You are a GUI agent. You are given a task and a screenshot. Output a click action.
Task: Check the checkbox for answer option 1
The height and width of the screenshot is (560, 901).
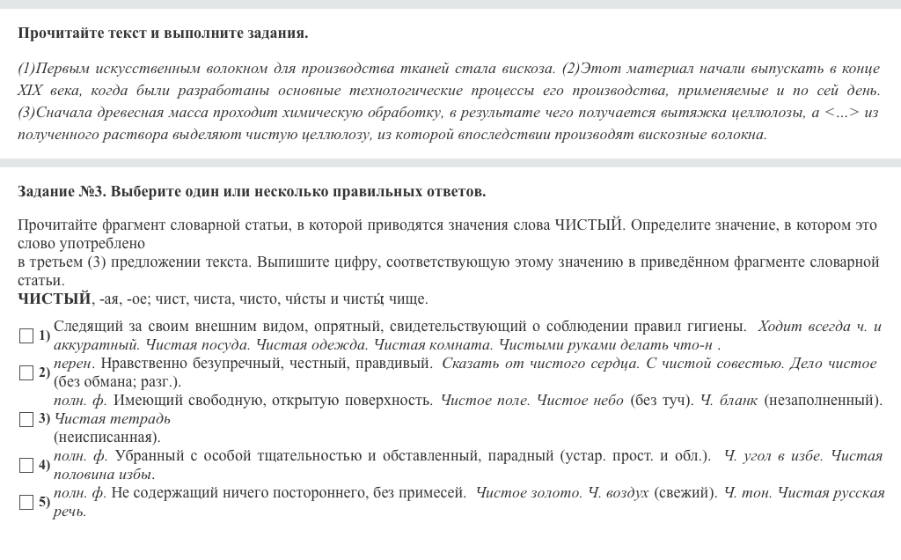26,335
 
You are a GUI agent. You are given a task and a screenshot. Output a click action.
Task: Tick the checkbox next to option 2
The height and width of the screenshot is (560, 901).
26,372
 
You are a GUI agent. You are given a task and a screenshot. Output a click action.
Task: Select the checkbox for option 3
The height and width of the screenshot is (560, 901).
26,419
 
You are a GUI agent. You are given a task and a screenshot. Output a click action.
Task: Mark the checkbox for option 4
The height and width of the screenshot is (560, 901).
26,465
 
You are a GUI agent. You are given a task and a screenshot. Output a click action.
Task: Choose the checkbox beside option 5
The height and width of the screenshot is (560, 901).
26,502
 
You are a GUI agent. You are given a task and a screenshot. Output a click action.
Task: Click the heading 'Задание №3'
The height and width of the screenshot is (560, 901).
62,191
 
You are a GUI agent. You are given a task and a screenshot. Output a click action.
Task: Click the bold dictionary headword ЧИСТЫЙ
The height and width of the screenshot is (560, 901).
54,298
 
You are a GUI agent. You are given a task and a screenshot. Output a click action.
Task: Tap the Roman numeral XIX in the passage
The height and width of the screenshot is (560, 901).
30,90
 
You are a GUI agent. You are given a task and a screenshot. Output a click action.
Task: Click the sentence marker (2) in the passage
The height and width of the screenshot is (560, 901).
572,68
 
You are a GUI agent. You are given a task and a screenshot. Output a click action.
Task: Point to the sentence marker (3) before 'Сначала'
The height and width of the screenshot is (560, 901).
26,112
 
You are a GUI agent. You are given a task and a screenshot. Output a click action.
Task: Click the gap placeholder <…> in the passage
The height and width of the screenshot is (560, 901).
842,112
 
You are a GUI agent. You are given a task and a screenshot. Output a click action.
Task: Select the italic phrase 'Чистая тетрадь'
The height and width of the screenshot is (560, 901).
113,418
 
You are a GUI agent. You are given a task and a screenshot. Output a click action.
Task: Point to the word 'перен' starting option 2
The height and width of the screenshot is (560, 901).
72,363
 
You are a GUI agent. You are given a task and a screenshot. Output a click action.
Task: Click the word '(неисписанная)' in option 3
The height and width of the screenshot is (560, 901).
106,437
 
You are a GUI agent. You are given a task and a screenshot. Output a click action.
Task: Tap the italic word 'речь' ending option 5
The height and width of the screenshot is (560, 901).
70,511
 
